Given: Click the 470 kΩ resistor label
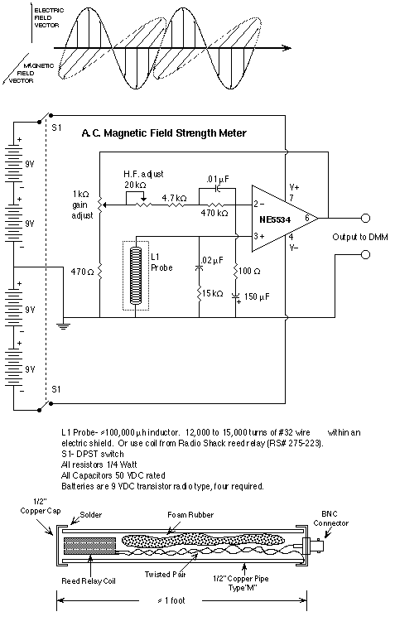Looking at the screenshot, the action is [214, 213].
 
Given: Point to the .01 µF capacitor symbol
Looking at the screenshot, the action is [218, 188].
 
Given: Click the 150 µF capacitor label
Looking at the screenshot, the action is [257, 296].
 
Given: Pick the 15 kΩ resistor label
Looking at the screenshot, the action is [213, 293].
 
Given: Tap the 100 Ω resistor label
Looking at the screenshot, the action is [249, 272].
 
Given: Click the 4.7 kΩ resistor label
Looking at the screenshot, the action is [174, 198].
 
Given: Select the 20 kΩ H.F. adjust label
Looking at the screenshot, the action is [135, 185].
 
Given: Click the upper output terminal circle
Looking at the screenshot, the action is [365, 219].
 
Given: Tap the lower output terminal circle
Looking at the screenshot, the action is [365, 255].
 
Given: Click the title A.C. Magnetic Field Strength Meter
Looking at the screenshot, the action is [164, 133].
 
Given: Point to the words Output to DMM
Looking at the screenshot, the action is [360, 237].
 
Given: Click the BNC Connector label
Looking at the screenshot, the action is [330, 518].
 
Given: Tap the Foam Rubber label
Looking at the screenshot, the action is [190, 514].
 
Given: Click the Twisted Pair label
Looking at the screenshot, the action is [165, 574].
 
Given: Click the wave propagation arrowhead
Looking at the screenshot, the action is [286, 48].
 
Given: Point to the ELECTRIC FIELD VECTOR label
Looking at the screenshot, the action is [46, 17].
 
